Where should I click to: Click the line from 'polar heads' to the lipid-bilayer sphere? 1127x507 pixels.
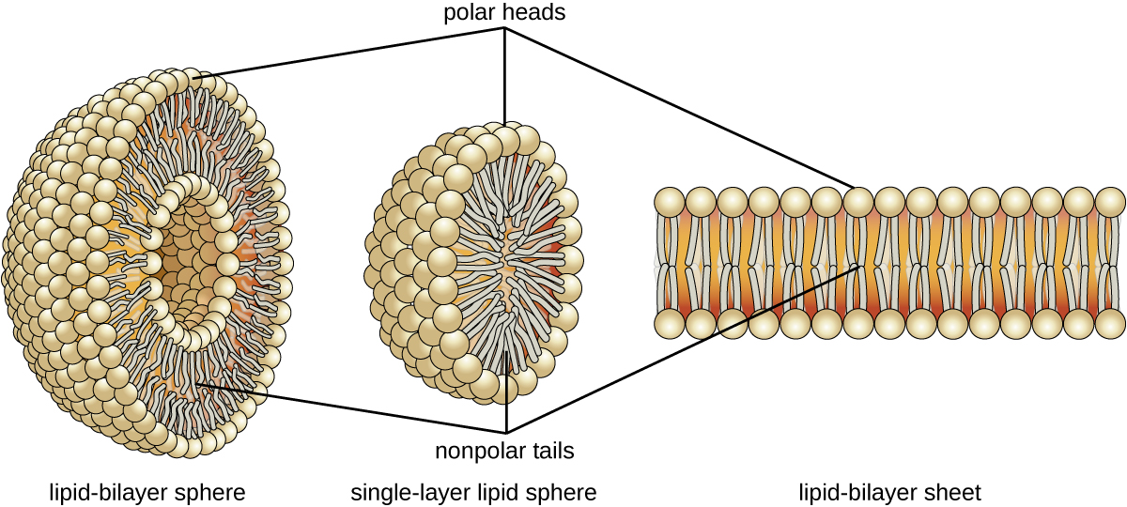click(357, 51)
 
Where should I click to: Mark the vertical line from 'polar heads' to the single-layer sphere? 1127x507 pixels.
click(506, 75)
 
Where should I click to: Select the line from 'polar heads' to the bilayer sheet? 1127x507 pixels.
click(676, 106)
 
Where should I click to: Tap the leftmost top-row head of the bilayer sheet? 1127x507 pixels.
click(670, 202)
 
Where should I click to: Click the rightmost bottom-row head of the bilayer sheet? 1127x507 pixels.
click(1110, 324)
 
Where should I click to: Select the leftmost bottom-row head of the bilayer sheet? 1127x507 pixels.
click(670, 324)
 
